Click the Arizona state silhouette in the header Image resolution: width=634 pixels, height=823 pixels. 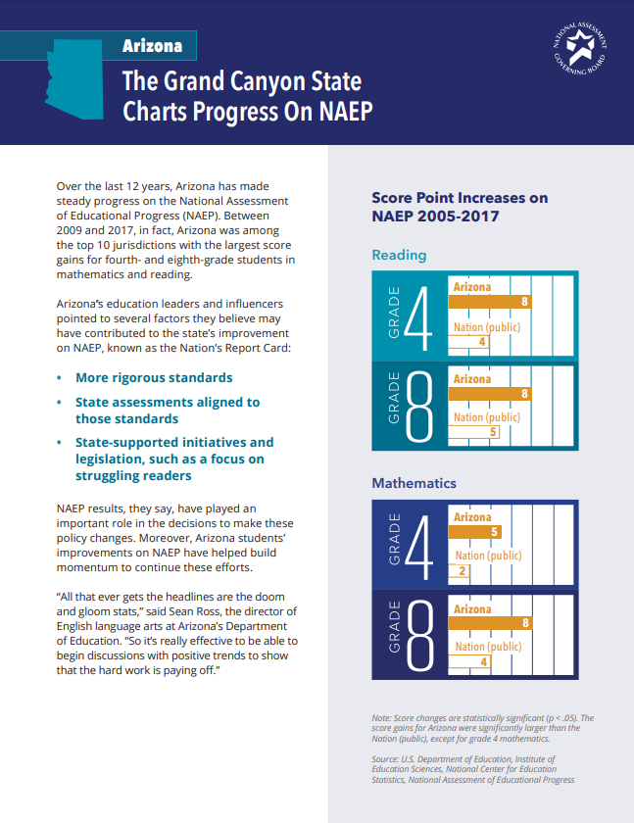[x=73, y=78]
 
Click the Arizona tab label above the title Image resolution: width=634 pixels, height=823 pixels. [x=152, y=46]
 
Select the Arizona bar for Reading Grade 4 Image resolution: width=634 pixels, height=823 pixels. [x=490, y=302]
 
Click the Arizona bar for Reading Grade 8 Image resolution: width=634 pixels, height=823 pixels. [x=490, y=393]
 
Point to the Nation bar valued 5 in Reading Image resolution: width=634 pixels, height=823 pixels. [x=474, y=432]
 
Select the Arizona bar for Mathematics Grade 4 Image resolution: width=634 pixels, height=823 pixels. [x=475, y=532]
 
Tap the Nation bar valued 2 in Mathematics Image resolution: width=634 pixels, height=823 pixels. [x=460, y=570]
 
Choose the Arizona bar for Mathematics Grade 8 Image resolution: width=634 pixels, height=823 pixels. [x=490, y=622]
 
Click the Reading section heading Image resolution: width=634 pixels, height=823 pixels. [x=399, y=255]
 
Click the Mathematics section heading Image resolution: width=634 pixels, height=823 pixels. [x=414, y=483]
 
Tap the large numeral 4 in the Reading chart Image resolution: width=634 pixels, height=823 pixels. [x=418, y=319]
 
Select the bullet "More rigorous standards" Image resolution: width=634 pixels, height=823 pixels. [x=154, y=378]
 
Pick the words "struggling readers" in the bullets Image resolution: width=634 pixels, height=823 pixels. [x=133, y=475]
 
